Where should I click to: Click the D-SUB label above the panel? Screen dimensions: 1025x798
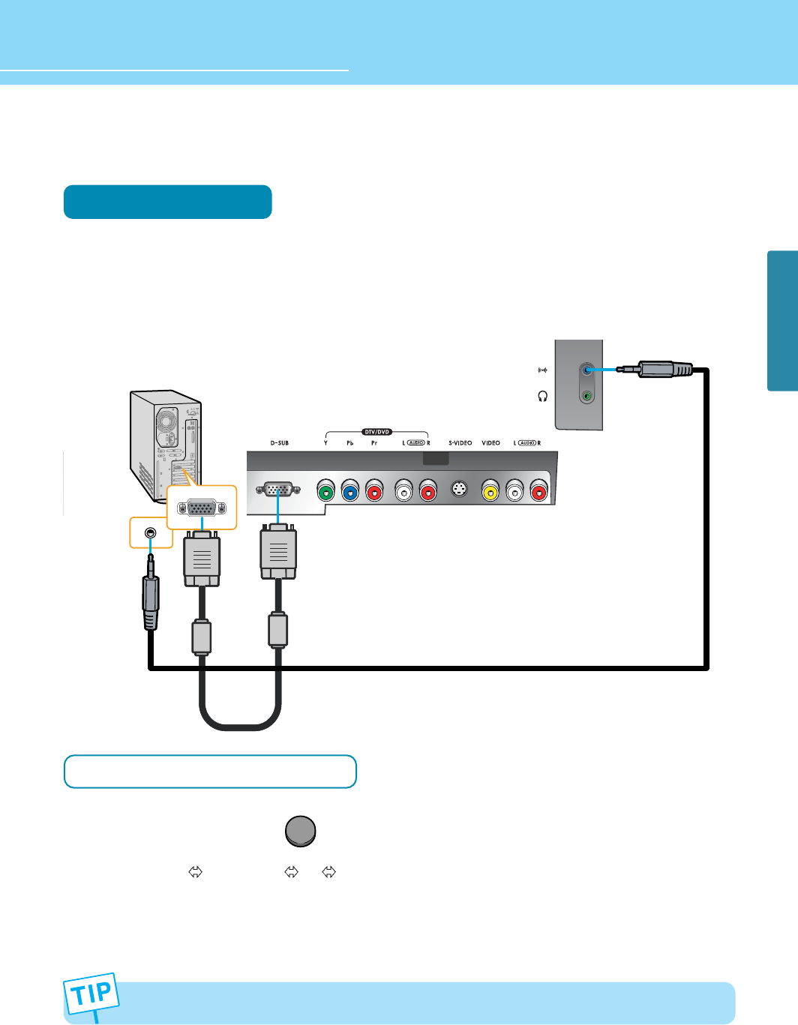[279, 443]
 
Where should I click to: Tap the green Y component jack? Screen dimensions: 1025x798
[325, 492]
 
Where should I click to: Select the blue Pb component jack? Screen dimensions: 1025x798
[349, 492]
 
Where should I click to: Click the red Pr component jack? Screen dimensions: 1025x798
[373, 492]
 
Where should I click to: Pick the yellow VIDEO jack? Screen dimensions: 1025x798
[490, 492]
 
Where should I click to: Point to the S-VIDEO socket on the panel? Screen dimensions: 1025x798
[459, 490]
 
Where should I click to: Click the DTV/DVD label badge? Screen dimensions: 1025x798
[376, 432]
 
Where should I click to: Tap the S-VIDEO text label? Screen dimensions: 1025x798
[460, 443]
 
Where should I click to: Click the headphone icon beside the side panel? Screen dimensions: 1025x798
[543, 396]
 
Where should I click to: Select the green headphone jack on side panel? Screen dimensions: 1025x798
[587, 396]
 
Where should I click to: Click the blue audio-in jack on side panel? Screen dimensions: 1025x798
[587, 370]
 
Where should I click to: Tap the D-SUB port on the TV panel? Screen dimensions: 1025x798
[278, 490]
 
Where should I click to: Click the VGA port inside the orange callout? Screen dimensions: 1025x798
[202, 508]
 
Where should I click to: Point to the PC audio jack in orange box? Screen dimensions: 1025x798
[151, 532]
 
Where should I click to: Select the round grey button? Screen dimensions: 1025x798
[301, 831]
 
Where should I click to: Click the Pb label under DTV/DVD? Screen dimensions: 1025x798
[349, 443]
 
